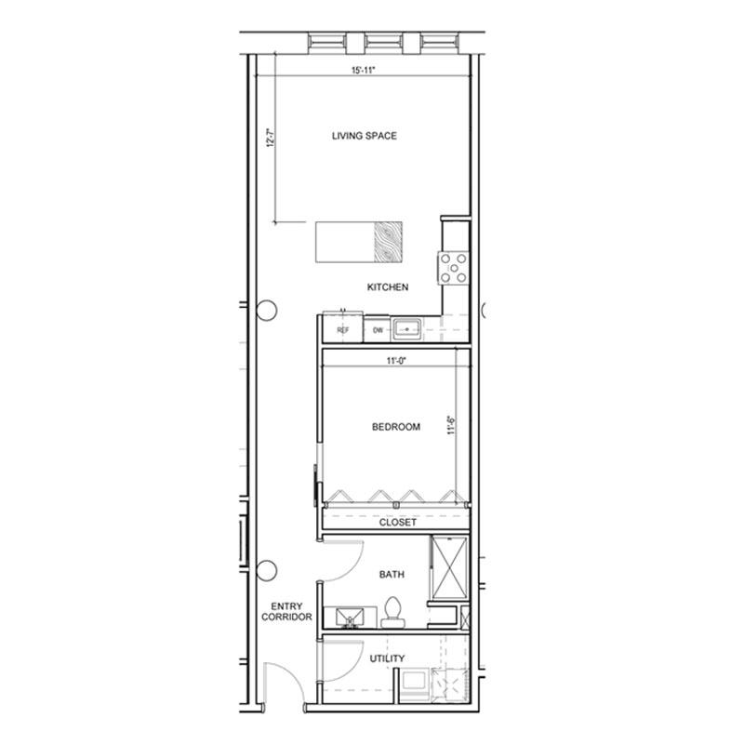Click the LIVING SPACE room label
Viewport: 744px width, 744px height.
364,136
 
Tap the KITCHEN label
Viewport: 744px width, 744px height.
388,287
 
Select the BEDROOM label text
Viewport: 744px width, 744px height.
396,427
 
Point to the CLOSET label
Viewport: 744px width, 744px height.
398,523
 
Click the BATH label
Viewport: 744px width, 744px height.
392,575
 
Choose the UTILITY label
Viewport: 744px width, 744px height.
387,658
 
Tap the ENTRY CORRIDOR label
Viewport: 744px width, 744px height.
286,612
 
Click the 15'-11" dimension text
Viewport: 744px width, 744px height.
364,71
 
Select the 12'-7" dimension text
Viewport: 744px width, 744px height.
271,138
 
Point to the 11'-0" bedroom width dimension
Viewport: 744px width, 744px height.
397,361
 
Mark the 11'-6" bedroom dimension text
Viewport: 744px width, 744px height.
451,425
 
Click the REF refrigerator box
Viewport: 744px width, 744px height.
342,327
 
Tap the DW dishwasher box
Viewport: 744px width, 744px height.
378,329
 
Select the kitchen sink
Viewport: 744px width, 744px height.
407,329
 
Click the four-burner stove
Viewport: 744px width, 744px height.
454,268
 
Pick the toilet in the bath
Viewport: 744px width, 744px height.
392,612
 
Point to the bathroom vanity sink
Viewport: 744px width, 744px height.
350,618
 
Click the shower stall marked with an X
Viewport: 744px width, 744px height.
450,567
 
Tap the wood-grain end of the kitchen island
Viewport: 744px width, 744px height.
388,242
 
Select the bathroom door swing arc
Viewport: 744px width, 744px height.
352,569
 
